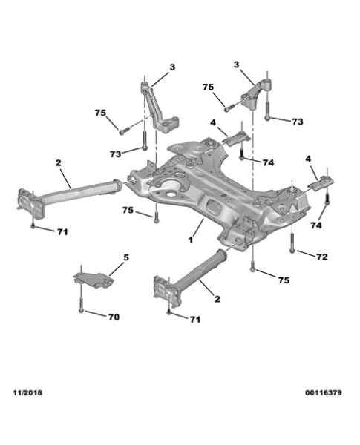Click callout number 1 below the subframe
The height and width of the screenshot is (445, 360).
[x=191, y=240]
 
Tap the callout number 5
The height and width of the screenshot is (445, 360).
[x=126, y=257]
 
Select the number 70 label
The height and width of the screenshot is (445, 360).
[x=114, y=317]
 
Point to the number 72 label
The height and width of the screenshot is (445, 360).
[x=322, y=257]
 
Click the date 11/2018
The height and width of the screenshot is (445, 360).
[x=27, y=392]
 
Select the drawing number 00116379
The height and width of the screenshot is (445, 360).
[x=324, y=393]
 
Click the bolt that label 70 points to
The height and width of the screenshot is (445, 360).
[x=81, y=303]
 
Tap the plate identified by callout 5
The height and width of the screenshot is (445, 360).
[x=94, y=280]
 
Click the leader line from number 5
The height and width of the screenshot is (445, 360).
[x=117, y=268]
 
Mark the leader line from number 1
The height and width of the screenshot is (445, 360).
[x=198, y=228]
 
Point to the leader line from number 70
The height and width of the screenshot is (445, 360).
[x=96, y=314]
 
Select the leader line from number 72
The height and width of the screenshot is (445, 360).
[x=307, y=254]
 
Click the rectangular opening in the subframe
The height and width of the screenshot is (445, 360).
[x=213, y=207]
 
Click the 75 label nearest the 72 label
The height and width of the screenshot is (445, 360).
[x=284, y=280]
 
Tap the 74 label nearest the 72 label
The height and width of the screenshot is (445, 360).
[x=316, y=225]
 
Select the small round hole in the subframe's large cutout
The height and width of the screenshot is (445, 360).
[x=171, y=196]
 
